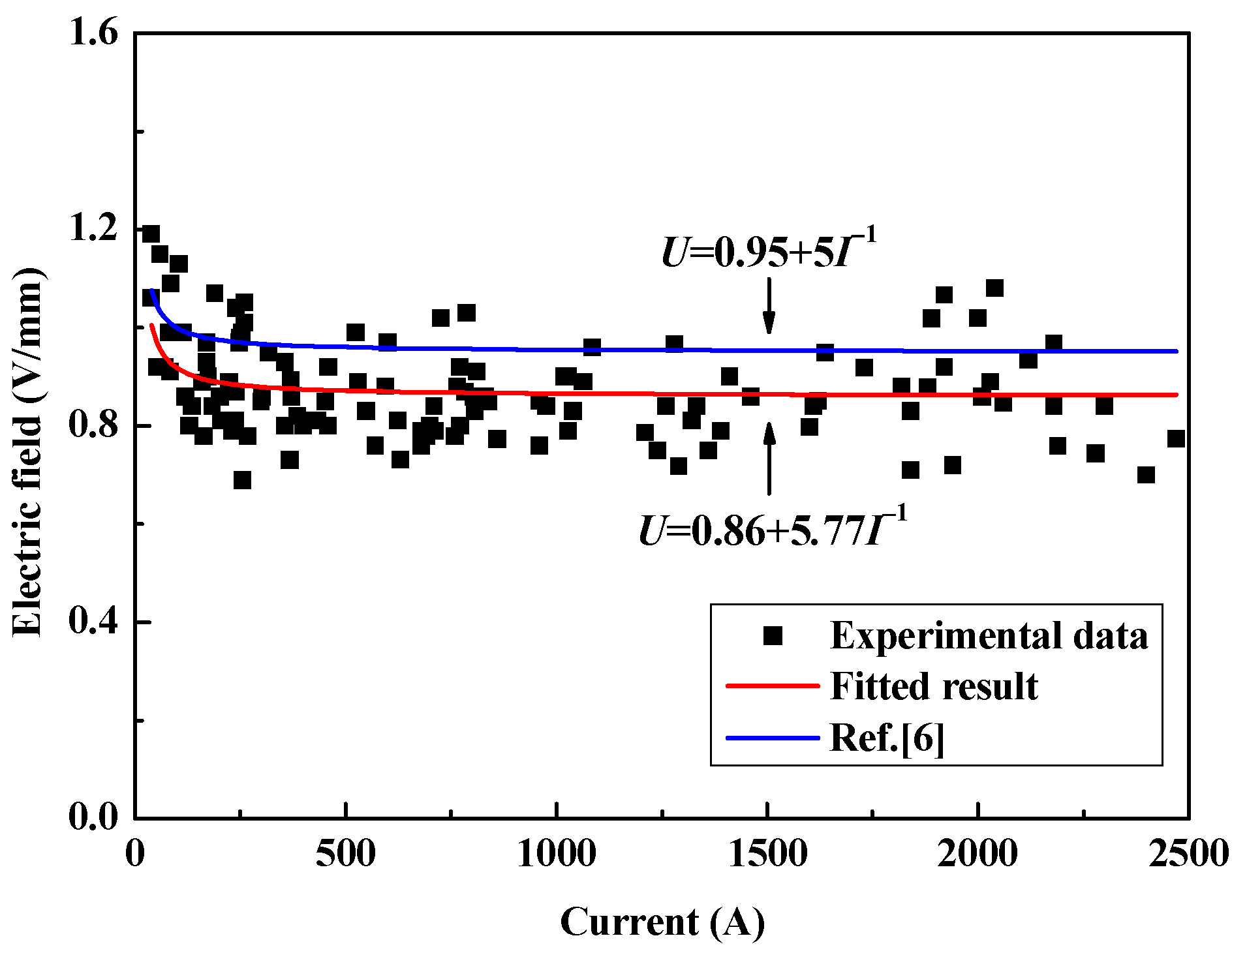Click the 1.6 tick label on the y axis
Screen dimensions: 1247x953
coord(94,33)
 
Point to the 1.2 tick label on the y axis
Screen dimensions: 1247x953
coord(94,230)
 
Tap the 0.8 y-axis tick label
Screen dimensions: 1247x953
coord(94,425)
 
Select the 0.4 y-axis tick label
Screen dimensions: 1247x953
coord(94,621)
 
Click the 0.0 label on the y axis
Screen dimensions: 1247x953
coord(94,817)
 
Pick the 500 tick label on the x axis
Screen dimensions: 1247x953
coord(346,855)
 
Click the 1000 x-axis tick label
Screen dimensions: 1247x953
coord(557,855)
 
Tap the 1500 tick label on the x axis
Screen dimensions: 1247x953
coord(768,855)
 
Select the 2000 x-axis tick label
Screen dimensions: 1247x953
coord(978,855)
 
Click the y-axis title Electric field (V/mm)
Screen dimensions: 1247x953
coord(27,451)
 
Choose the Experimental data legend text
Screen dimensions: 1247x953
coord(989,636)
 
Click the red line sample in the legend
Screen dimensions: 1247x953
coord(773,686)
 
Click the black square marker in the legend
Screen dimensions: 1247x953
coord(773,636)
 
